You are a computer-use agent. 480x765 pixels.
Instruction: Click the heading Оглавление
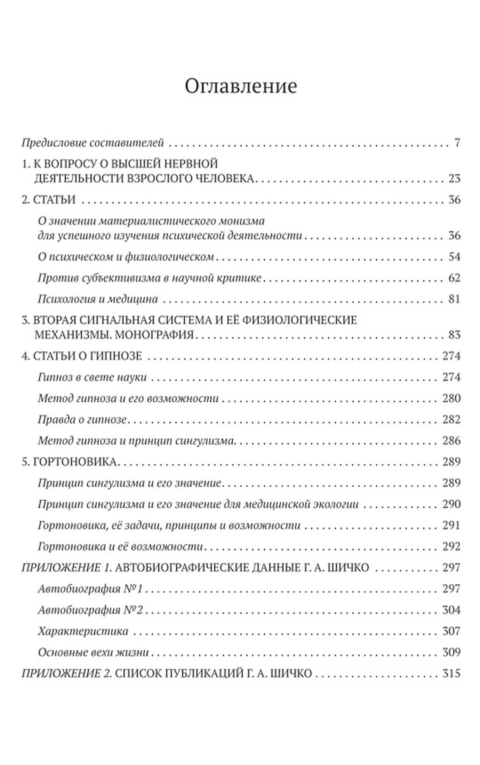coord(241,86)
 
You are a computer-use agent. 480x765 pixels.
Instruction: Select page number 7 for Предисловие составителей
coord(457,142)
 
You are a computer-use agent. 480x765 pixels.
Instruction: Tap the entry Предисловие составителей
coord(93,142)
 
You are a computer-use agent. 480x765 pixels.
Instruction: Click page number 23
coord(454,178)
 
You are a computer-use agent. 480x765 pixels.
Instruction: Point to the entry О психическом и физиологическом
coord(126,256)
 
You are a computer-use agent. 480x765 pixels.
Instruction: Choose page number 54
coord(454,256)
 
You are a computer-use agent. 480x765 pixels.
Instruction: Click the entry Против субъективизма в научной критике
coord(149,278)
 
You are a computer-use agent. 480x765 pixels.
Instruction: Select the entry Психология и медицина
coord(98,299)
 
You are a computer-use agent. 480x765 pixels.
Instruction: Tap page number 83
coord(454,335)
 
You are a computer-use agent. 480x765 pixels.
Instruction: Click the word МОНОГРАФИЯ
coord(154,335)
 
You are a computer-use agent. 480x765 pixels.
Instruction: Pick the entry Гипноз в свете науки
coord(92,377)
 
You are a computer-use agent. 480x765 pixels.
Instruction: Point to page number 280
coord(451,398)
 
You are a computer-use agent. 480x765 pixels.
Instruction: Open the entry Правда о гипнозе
coord(82,419)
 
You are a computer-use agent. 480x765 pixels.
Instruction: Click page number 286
coord(451,440)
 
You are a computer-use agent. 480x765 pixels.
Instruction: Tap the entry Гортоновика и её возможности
coord(120,546)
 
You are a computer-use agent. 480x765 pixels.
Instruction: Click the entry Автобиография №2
coord(90,610)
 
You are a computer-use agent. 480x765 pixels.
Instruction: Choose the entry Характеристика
coord(83,631)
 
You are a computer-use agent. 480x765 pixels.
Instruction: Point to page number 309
coord(451,652)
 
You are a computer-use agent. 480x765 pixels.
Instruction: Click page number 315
coord(451,673)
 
